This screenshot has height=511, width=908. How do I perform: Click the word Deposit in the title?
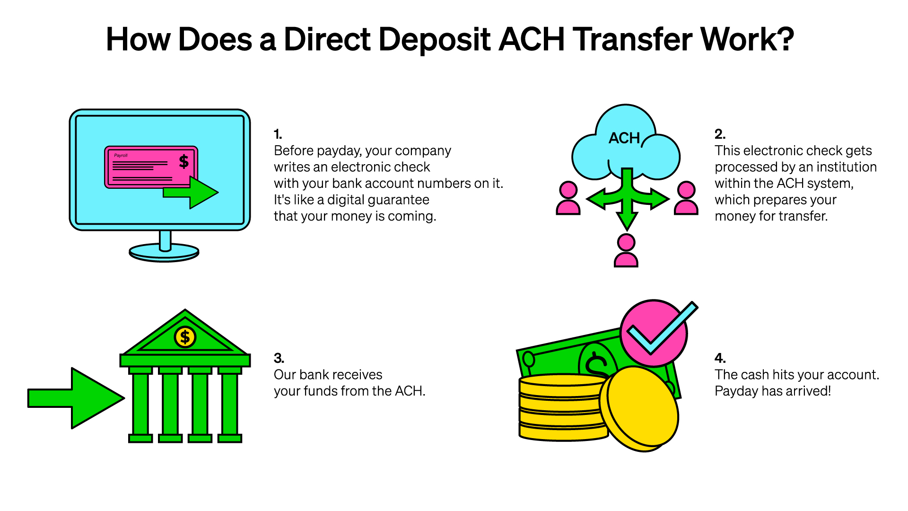tap(435, 40)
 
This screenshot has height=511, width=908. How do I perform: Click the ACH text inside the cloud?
tap(624, 138)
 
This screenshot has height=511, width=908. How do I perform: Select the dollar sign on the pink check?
tap(183, 162)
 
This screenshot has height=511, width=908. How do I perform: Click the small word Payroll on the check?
tap(121, 155)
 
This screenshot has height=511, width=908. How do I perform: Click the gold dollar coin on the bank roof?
tap(185, 337)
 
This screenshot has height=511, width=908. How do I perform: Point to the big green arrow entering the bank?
tap(76, 398)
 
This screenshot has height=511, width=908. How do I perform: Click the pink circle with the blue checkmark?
tap(654, 333)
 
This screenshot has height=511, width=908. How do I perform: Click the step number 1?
tap(278, 134)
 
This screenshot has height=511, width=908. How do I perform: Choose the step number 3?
tap(279, 358)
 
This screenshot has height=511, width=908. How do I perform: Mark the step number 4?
tap(720, 358)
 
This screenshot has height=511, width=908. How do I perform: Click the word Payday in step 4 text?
tap(733, 391)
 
